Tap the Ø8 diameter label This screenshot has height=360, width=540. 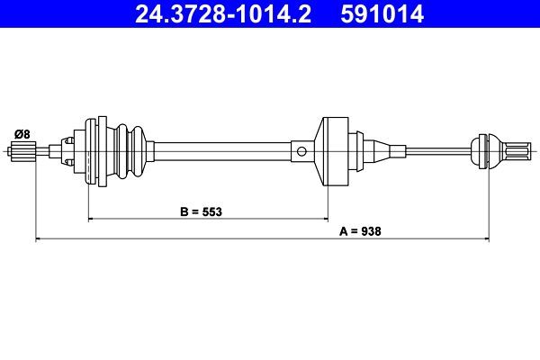(21, 134)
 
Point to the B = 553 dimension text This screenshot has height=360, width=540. (200, 212)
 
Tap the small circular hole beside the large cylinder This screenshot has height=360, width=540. (303, 151)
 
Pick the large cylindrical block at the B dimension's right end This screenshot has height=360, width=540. (334, 151)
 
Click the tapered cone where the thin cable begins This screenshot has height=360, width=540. (379, 151)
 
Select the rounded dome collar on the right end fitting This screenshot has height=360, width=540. (483, 151)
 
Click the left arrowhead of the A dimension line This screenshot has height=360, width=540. (39, 238)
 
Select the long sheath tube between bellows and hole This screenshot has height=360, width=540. (225, 151)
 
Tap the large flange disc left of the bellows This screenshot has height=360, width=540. (91, 151)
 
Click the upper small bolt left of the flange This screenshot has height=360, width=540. (70, 140)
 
